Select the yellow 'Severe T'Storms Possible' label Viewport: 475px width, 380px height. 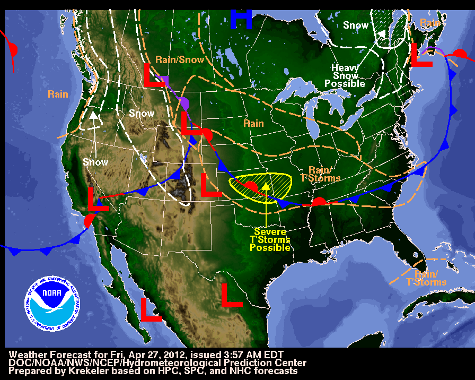pyautogui.click(x=271, y=240)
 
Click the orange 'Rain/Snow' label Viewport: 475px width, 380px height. pyautogui.click(x=180, y=60)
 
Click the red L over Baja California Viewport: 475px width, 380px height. pyautogui.click(x=151, y=309)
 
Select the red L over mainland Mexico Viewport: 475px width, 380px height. pyautogui.click(x=231, y=295)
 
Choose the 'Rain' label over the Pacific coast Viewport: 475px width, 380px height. pyautogui.click(x=58, y=94)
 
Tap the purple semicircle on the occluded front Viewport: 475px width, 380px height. pyautogui.click(x=184, y=102)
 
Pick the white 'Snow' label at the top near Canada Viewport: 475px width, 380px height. pyautogui.click(x=356, y=25)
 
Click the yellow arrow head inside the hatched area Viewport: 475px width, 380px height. pyautogui.click(x=266, y=186)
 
